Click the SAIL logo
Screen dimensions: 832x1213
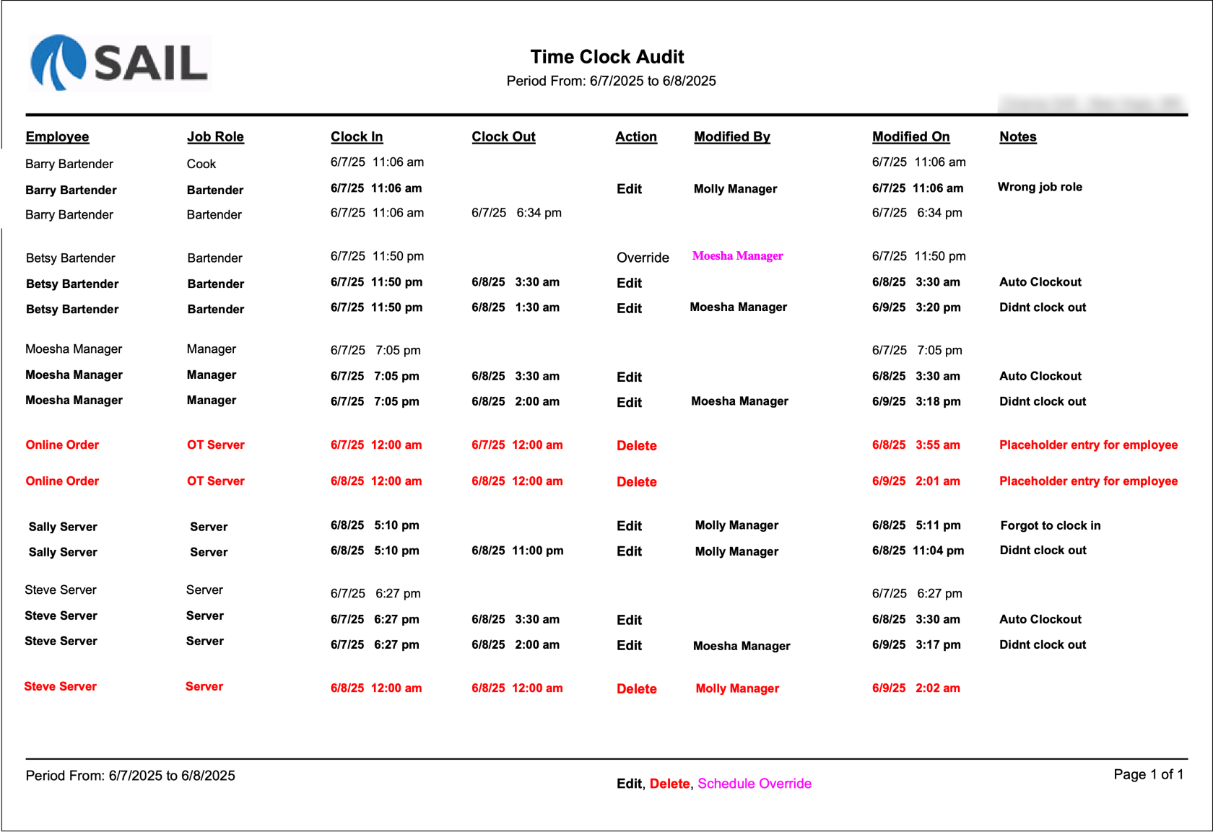[x=120, y=63]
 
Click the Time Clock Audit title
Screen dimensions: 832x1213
[x=606, y=57]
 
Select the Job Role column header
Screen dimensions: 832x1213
[x=215, y=136]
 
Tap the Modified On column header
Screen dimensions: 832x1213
[x=910, y=136]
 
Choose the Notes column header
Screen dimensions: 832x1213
[x=1017, y=136]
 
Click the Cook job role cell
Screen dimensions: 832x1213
[x=201, y=164]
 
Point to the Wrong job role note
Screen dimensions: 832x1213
[x=1040, y=187]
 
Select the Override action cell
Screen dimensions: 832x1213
[x=643, y=258]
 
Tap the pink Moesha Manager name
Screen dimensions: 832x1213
[x=737, y=255]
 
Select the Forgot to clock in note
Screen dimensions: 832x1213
[x=1050, y=525]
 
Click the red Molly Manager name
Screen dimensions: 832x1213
[x=737, y=688]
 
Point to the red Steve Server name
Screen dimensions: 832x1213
[x=61, y=686]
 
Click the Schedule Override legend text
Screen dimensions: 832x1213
[x=755, y=784]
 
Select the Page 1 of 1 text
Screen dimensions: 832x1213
[x=1148, y=774]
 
